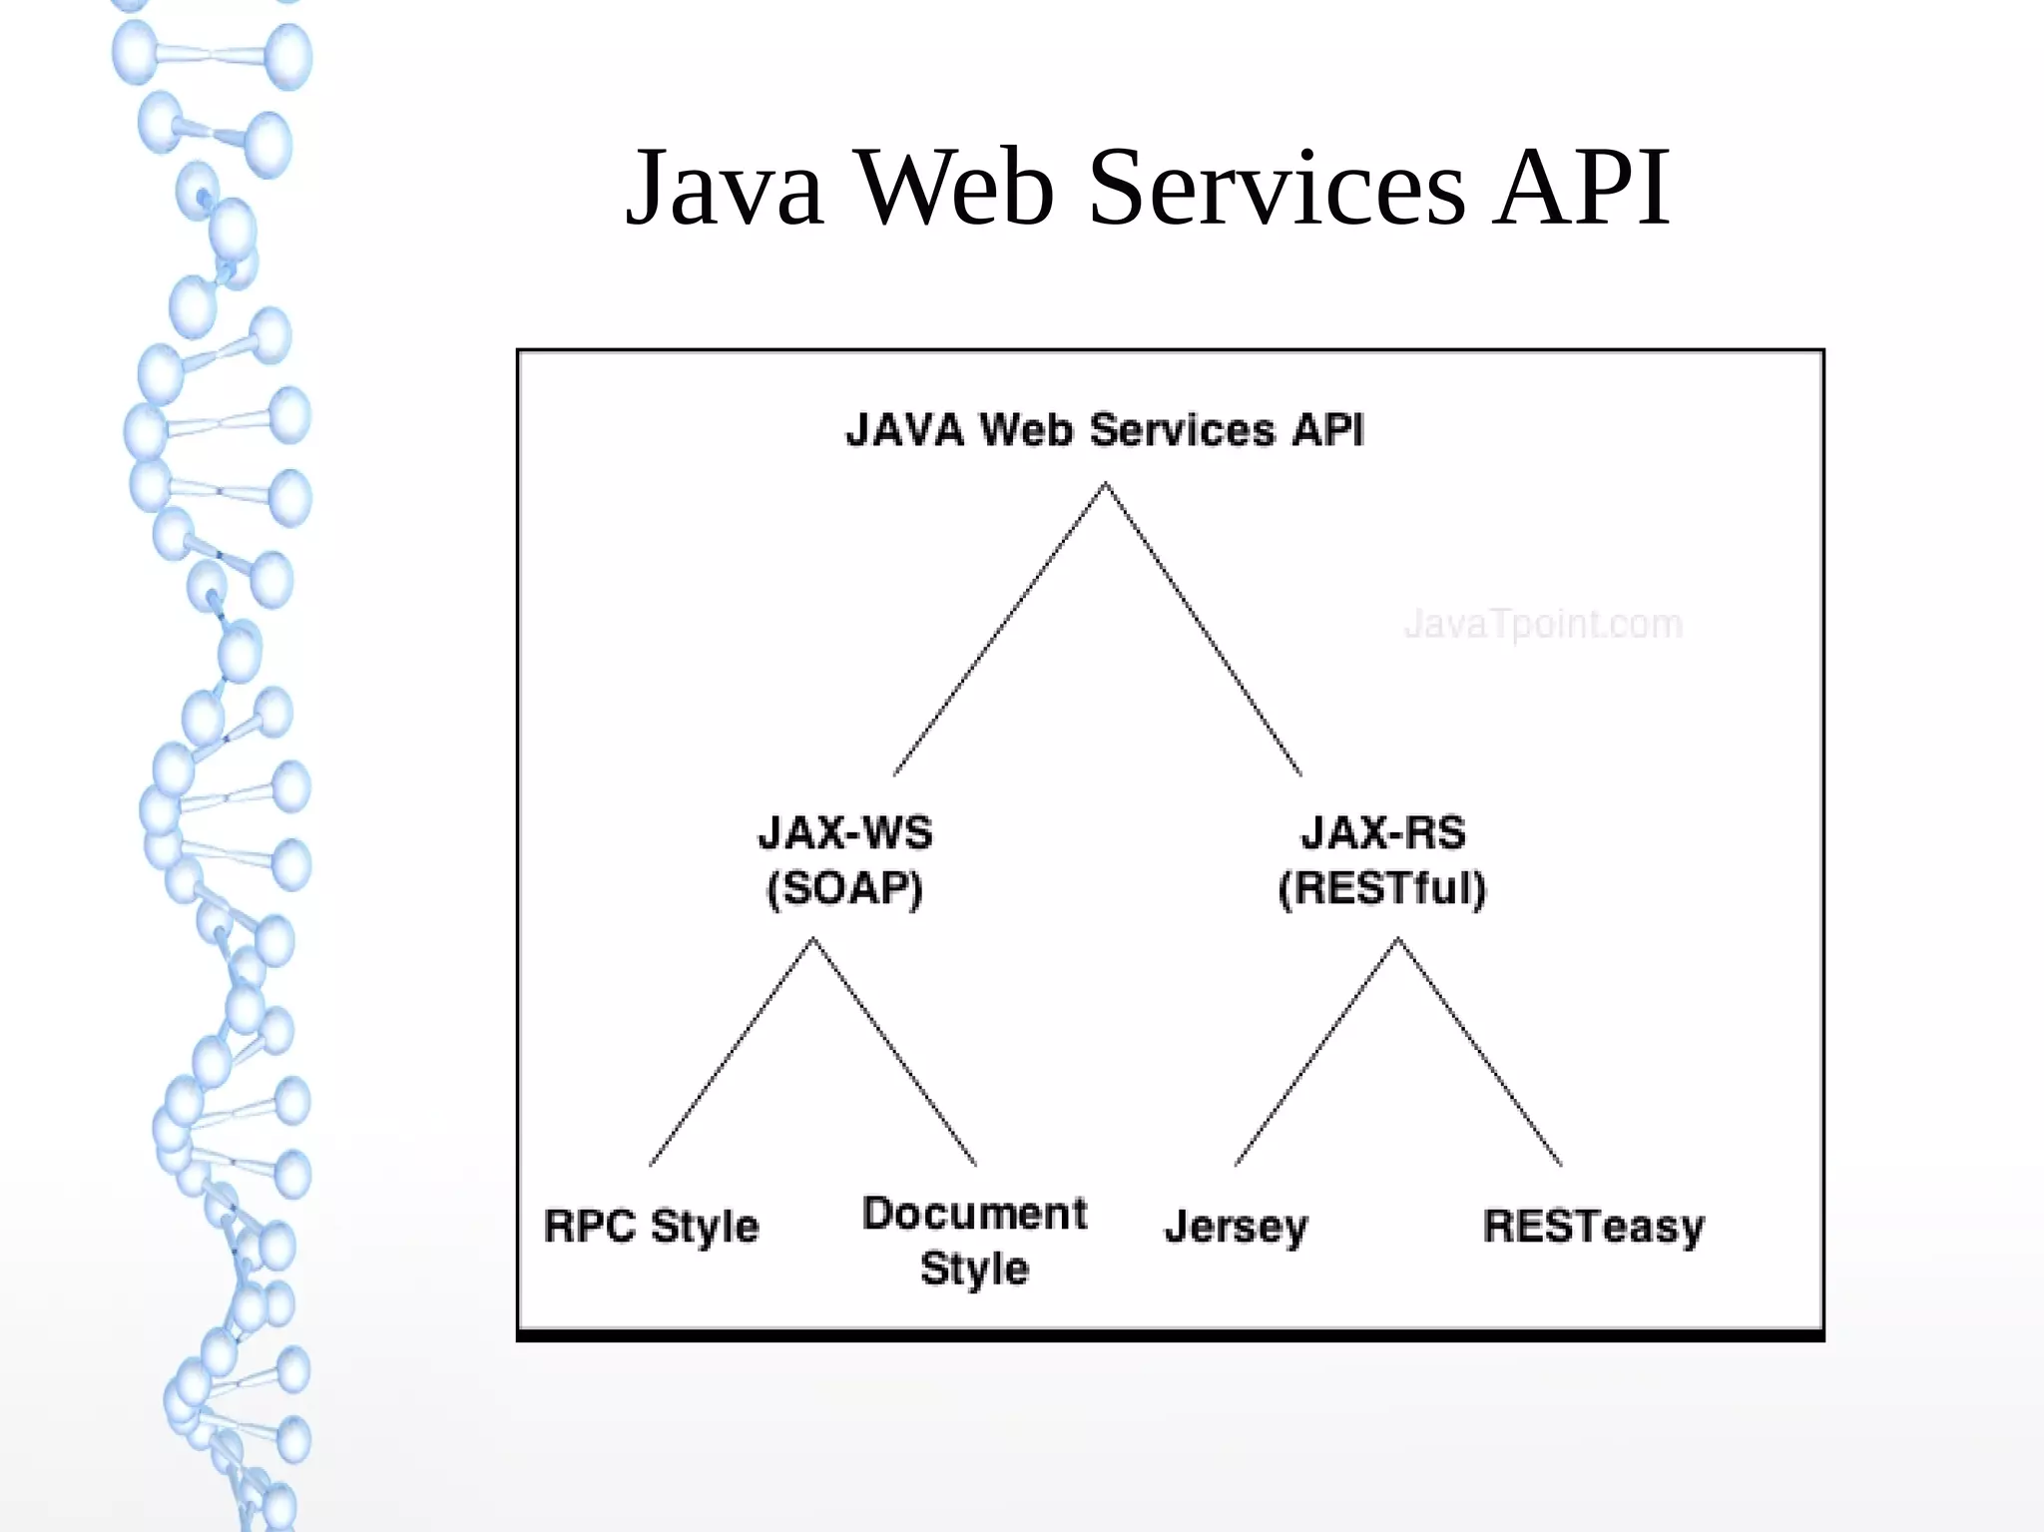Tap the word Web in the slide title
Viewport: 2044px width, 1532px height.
point(955,188)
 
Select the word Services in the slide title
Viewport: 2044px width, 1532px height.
point(1277,188)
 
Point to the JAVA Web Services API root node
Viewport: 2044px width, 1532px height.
point(1104,430)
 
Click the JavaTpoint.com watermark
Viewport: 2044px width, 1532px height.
point(1543,625)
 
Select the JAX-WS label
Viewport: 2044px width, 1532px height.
point(845,832)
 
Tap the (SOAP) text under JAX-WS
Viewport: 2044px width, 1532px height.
point(844,888)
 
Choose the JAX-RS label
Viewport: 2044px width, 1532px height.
point(1383,832)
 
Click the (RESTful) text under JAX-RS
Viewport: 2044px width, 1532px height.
point(1382,888)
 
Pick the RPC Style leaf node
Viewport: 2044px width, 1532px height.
point(652,1227)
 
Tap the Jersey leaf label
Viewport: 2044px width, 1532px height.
point(1236,1227)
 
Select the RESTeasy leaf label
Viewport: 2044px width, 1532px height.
point(1594,1227)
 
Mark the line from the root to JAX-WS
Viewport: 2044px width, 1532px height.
point(999,630)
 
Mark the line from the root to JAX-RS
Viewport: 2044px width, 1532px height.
point(1203,630)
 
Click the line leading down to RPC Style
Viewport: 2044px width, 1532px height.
point(731,1052)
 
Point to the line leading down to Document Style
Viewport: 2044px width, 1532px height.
point(894,1052)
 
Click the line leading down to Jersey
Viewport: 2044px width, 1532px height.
point(1316,1052)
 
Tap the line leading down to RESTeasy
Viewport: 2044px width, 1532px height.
point(1480,1052)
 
